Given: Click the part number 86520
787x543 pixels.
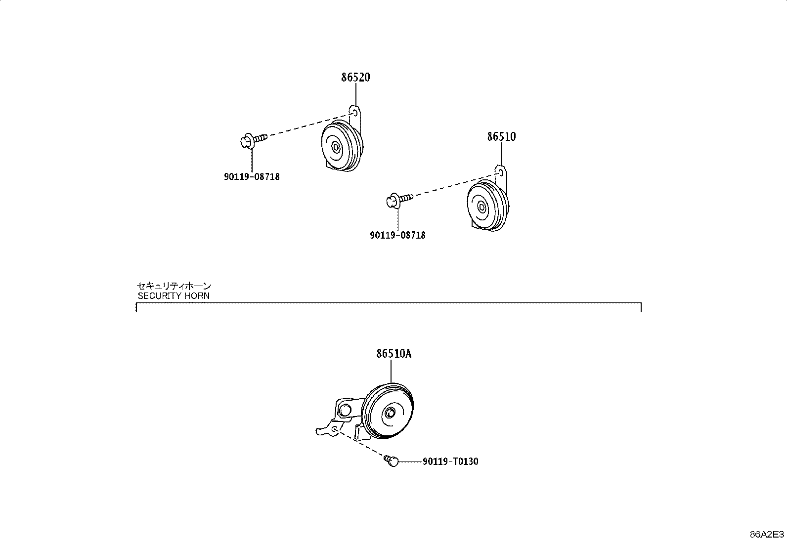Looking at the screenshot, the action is (x=355, y=77).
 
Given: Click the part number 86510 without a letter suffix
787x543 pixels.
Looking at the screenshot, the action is (x=501, y=137).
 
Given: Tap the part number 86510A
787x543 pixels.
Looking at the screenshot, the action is (x=394, y=353).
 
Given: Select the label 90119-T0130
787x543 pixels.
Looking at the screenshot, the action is (x=450, y=461).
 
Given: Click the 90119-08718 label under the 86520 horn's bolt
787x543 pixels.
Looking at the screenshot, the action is (x=252, y=177).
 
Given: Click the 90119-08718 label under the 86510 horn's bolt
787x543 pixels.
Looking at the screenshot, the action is (x=398, y=235).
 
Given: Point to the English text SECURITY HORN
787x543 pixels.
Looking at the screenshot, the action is (x=174, y=296).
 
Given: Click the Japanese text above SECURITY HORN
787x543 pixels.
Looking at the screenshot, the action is (x=175, y=286).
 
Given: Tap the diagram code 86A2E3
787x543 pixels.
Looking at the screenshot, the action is (x=767, y=535).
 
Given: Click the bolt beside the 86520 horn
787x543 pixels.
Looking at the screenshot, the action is (x=254, y=140).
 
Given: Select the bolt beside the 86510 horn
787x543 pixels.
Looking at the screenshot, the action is (x=399, y=200).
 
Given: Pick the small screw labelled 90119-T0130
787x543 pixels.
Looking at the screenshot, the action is (x=391, y=460).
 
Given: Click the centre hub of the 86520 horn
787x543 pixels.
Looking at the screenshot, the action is (x=336, y=148).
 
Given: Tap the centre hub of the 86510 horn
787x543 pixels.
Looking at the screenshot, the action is (x=481, y=208).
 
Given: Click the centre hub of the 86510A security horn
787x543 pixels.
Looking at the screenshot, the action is (x=390, y=413).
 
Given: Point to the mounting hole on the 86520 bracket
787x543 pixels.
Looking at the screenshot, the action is (x=355, y=113).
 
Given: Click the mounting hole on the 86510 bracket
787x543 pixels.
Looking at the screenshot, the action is (x=501, y=172).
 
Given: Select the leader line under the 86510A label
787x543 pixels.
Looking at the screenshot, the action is (x=391, y=371).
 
